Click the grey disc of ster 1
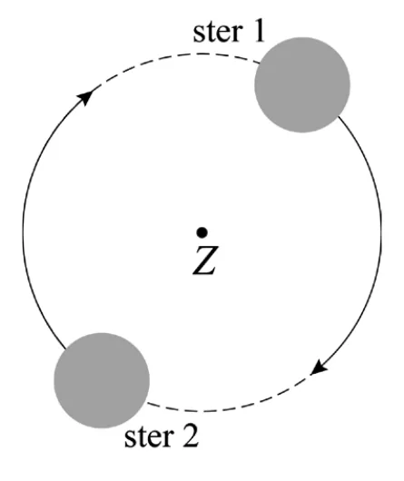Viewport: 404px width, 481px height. point(302,85)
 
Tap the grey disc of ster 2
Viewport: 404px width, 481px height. point(102,380)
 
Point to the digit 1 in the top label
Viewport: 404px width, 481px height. point(259,31)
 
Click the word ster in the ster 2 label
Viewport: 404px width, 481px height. point(150,437)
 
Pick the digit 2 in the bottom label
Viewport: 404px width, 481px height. point(190,437)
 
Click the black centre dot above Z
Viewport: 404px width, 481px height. point(202,232)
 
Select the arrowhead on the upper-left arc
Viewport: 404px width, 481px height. point(85,97)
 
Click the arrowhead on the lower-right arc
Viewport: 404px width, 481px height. point(319,367)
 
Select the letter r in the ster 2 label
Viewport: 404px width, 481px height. point(169,439)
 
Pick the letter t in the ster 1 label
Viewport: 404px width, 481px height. point(211,33)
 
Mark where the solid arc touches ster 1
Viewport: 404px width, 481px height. point(339,116)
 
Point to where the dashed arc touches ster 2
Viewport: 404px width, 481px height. point(147,402)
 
